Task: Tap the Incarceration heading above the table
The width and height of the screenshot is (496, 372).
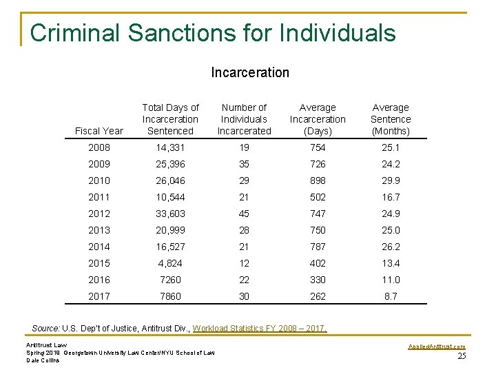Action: click(250, 72)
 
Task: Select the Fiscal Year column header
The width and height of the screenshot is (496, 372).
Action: click(99, 131)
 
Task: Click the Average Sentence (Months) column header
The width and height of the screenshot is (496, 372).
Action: click(390, 119)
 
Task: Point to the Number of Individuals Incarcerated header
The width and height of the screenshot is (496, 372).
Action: click(245, 119)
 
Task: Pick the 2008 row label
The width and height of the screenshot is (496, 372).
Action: click(99, 147)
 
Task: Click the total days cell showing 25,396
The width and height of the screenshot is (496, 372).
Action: click(170, 164)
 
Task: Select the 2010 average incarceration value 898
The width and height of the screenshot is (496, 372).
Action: click(318, 180)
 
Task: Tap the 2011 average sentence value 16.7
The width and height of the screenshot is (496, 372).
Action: click(390, 197)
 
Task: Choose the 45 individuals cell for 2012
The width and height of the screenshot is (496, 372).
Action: click(245, 214)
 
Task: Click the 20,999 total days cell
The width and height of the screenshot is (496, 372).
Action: click(170, 230)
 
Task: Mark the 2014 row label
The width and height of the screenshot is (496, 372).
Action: click(99, 247)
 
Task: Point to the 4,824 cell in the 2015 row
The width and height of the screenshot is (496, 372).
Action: click(170, 263)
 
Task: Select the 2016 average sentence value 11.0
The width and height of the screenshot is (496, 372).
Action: click(390, 280)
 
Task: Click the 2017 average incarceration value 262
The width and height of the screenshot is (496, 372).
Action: click(318, 296)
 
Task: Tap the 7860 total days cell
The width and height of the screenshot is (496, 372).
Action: click(170, 296)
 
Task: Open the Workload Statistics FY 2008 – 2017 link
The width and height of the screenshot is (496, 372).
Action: click(260, 328)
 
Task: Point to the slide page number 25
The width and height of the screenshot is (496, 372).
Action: click(462, 355)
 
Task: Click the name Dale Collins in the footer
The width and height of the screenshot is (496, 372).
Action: click(43, 360)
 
